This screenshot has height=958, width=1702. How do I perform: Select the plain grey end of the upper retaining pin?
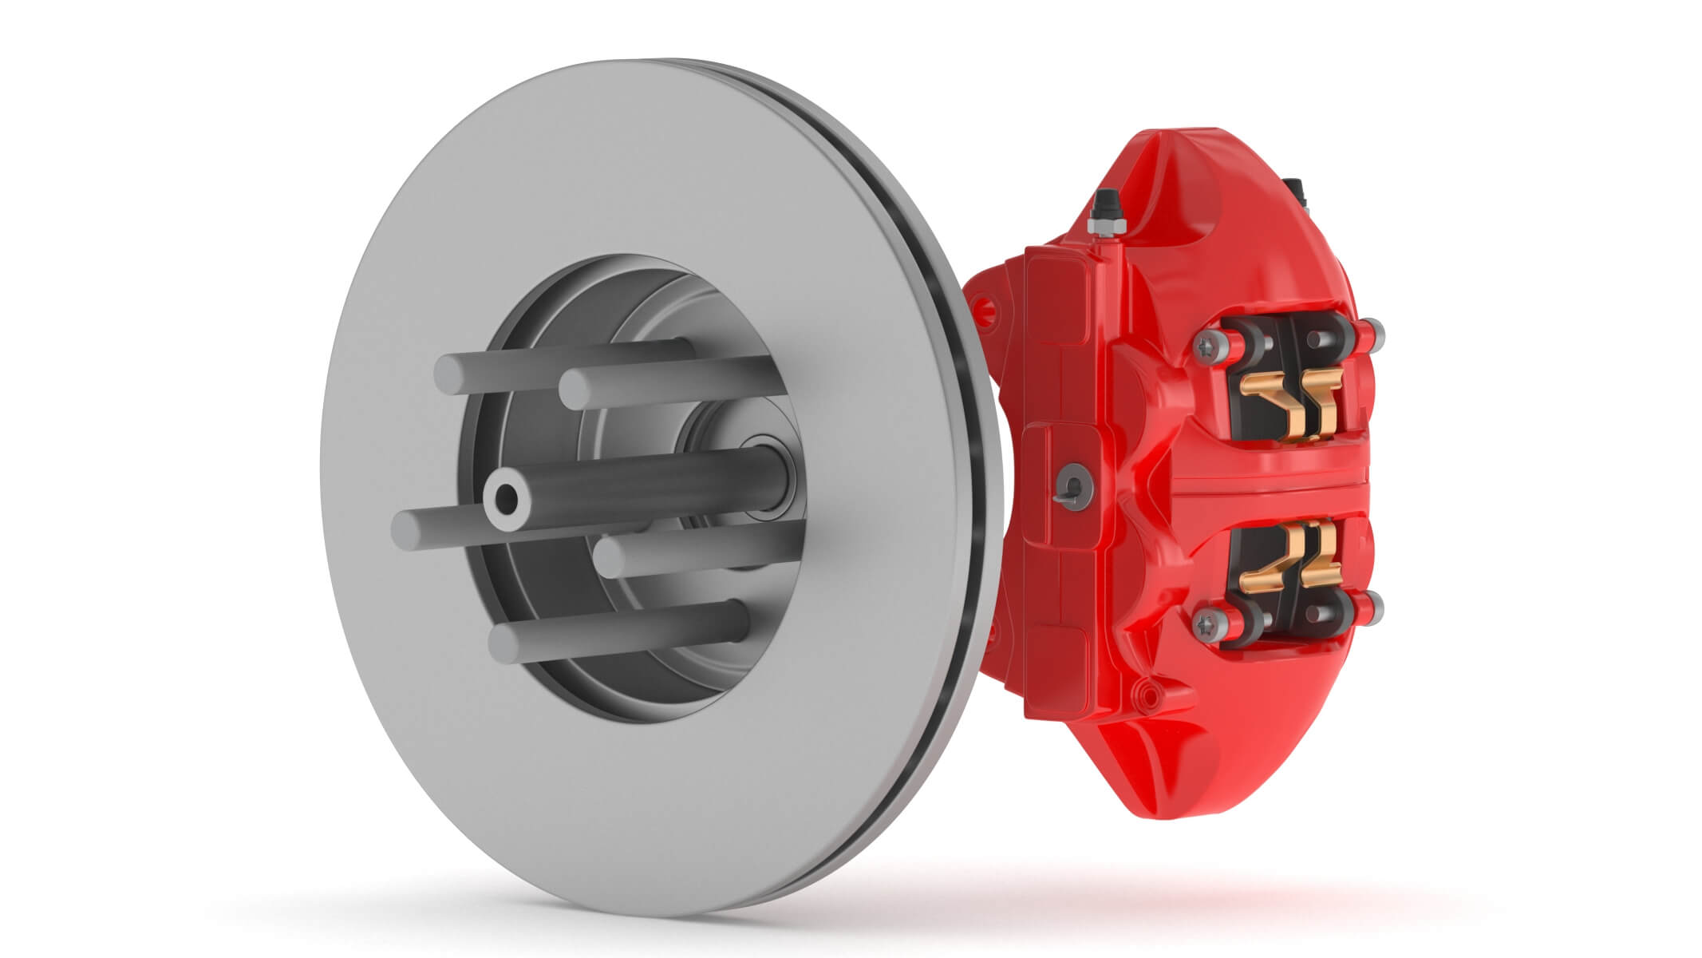pyautogui.click(x=1374, y=334)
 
